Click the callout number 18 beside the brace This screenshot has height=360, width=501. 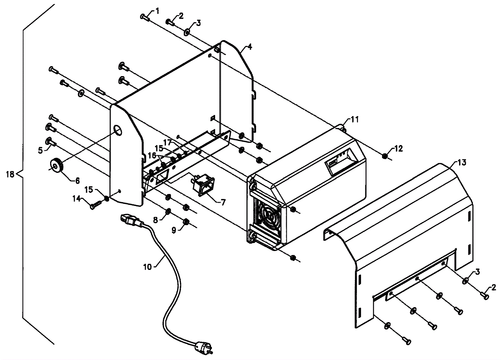pos(10,174)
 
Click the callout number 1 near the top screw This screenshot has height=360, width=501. pos(157,11)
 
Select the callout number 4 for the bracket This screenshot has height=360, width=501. pos(250,47)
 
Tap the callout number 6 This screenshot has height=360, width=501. pos(77,181)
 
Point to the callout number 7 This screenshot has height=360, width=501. pos(223,202)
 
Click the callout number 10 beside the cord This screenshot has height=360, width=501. pos(147,267)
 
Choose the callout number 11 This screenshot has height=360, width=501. pos(354,120)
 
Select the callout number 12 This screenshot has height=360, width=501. pos(398,148)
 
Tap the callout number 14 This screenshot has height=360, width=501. pos(76,198)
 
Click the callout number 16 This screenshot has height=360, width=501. pos(152,155)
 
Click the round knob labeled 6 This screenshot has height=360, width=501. pos(56,166)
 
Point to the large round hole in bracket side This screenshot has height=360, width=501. pos(118,130)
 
